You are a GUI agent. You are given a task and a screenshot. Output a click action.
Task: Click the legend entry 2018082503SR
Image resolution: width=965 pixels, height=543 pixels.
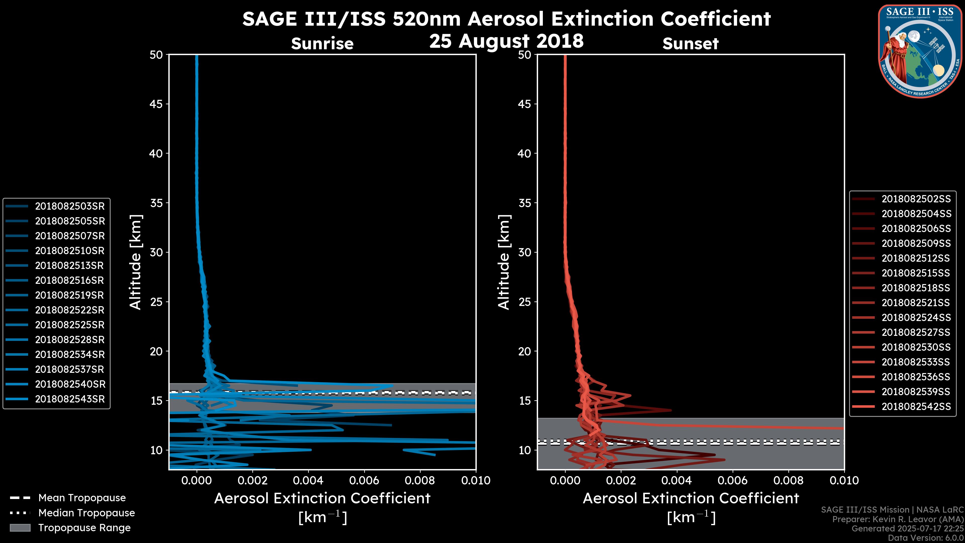(x=70, y=206)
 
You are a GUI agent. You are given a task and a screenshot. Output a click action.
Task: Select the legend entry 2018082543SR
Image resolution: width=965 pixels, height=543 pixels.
(x=70, y=399)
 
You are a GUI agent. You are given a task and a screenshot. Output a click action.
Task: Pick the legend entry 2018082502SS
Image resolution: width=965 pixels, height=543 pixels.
(x=916, y=199)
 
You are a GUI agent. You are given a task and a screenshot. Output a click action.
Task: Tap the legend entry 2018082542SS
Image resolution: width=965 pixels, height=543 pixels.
(x=916, y=406)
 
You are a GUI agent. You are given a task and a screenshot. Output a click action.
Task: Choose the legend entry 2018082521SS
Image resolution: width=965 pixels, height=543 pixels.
(x=916, y=303)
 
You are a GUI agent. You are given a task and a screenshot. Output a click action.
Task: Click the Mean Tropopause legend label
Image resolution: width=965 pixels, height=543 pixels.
(x=82, y=498)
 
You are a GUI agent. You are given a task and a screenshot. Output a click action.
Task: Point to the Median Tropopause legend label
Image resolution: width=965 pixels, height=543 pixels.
(x=86, y=513)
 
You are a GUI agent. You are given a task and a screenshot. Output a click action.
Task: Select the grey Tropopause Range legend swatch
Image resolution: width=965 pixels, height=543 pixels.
(x=20, y=528)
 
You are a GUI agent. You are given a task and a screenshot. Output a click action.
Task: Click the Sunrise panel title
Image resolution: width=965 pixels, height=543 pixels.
(x=322, y=44)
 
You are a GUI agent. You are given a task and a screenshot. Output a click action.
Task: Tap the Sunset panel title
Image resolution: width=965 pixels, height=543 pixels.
(x=690, y=44)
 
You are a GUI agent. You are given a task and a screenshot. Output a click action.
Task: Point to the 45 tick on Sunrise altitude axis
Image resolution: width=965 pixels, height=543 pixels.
(x=156, y=104)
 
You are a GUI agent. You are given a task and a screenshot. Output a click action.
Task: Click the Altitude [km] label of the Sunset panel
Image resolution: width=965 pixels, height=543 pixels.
(x=504, y=262)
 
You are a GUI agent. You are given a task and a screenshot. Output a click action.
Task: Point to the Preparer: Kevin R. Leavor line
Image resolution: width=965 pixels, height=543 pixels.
(x=898, y=519)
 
